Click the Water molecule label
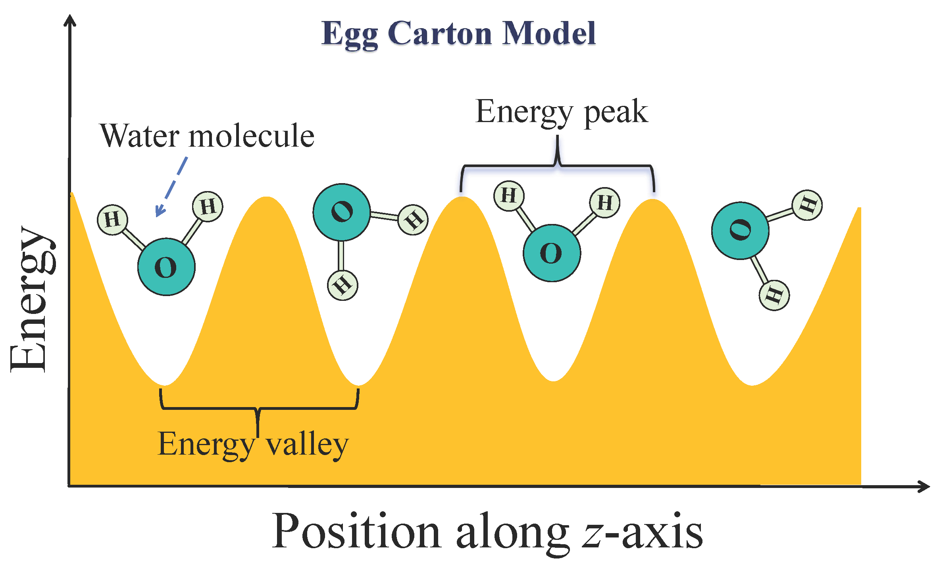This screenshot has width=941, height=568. tap(207, 136)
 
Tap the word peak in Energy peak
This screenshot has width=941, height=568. tap(616, 113)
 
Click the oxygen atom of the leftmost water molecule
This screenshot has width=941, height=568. tap(166, 267)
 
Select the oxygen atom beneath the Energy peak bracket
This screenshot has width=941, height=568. tap(552, 253)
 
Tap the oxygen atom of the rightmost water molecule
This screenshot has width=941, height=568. tap(740, 231)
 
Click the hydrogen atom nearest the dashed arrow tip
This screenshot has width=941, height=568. tap(112, 220)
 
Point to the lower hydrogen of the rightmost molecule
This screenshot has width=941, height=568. tap(774, 295)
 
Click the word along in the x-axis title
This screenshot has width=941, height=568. tap(512, 533)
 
